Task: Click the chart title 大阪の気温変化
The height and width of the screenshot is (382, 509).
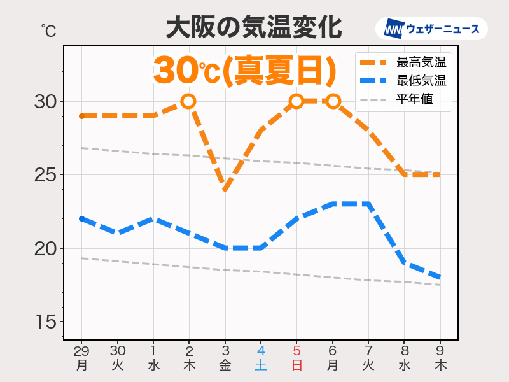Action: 254,28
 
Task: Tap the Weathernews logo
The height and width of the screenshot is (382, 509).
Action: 431,29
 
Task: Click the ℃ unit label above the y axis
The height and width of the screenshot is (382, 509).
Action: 48,29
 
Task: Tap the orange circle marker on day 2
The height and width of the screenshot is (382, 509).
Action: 188,101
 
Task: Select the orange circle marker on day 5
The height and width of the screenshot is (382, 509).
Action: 296,101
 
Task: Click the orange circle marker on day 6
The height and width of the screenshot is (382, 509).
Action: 332,101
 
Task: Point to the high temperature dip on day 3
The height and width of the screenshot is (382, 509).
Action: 225,189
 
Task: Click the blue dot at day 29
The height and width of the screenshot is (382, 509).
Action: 81,219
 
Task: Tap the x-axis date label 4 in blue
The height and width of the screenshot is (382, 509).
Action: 260,351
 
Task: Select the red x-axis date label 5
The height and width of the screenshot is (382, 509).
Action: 296,351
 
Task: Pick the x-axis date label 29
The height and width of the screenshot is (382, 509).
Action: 81,351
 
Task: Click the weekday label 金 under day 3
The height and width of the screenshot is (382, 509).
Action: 225,365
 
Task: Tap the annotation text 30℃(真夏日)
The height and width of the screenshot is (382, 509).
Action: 244,70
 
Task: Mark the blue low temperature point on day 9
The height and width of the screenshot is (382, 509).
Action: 439,278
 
